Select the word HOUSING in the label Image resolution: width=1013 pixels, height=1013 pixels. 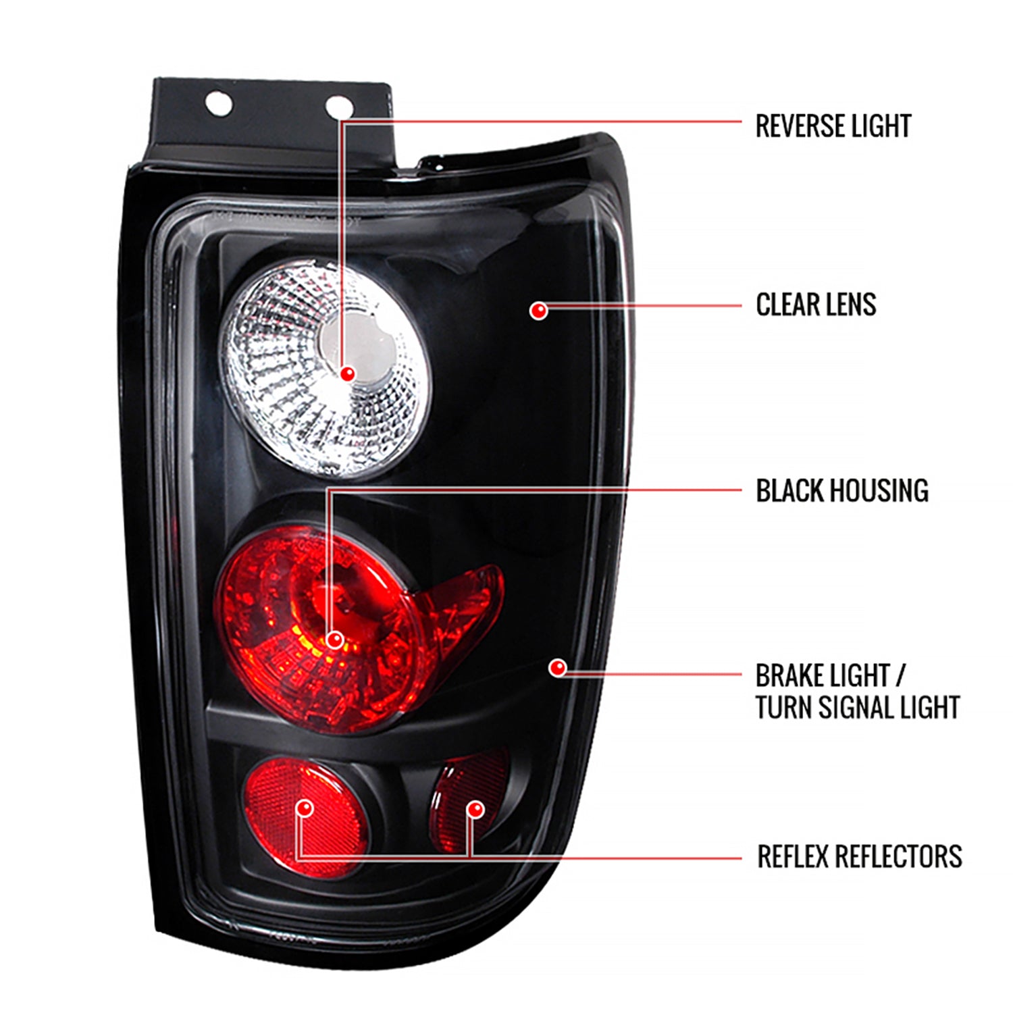click(x=878, y=491)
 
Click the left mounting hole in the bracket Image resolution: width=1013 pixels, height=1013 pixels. click(x=219, y=103)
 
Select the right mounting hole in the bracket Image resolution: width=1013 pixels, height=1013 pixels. click(x=338, y=106)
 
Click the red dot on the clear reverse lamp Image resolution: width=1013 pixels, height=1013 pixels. click(x=348, y=373)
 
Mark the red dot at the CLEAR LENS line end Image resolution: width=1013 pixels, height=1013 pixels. click(x=538, y=311)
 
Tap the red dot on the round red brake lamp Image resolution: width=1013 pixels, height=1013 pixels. click(x=334, y=639)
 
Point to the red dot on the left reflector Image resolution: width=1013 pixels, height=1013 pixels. click(x=305, y=808)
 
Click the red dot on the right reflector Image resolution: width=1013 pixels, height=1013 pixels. click(x=475, y=809)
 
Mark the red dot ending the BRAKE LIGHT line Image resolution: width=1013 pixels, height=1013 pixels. click(x=558, y=668)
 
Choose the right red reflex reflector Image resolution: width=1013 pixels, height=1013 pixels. click(x=469, y=800)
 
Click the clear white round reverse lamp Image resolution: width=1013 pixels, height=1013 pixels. click(x=324, y=368)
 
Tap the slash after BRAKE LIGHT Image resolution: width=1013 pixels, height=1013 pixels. click(x=900, y=676)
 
